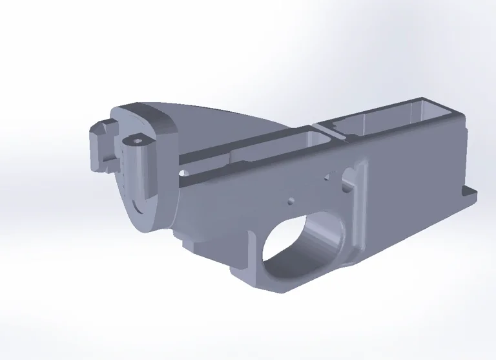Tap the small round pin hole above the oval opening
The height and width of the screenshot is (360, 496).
(x=291, y=200)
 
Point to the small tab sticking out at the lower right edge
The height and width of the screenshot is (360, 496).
(x=470, y=193)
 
